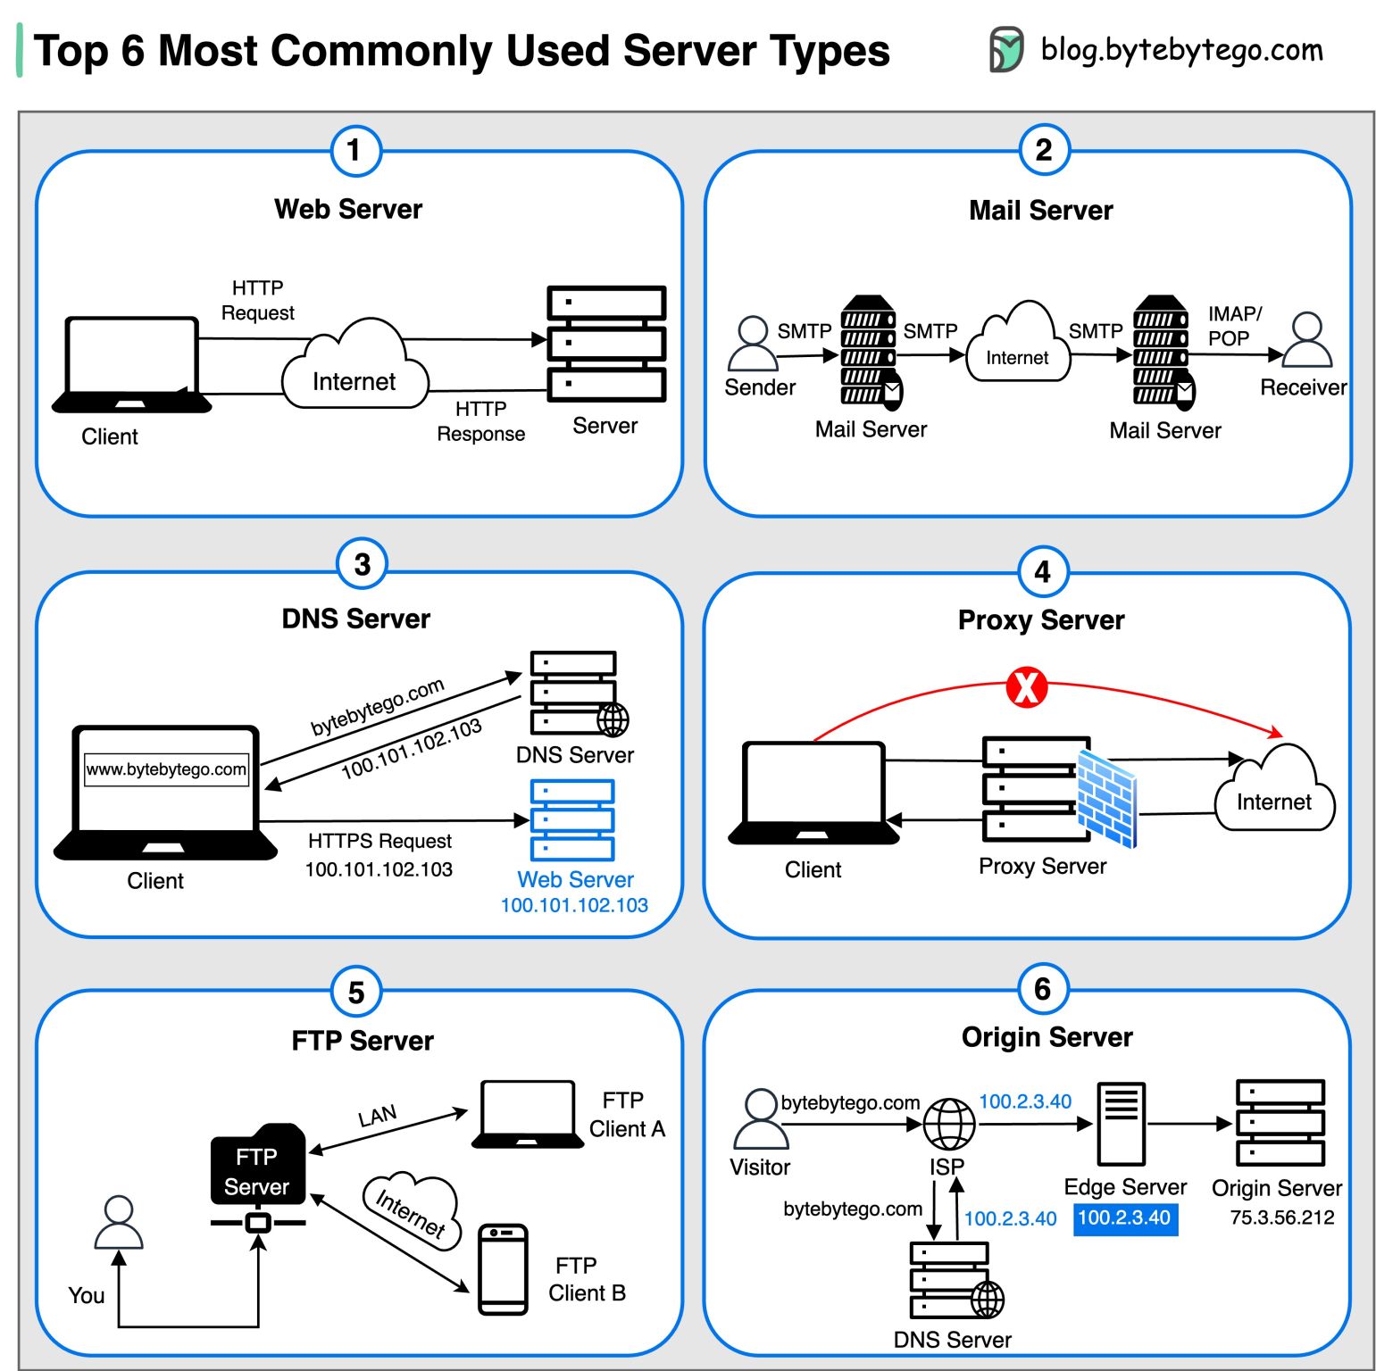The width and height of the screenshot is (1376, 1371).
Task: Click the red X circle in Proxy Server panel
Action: [x=1026, y=687]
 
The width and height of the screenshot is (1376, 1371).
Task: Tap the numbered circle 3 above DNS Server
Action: [x=362, y=564]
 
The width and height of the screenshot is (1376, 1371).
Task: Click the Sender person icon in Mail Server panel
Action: [x=753, y=343]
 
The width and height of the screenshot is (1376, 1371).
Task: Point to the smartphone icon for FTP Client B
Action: [x=503, y=1269]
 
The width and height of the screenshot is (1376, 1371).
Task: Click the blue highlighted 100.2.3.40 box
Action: [x=1124, y=1218]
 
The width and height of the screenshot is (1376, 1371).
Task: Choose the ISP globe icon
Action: [x=948, y=1124]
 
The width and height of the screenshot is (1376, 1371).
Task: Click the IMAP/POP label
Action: [x=1234, y=326]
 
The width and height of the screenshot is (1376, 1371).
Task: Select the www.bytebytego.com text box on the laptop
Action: [x=166, y=769]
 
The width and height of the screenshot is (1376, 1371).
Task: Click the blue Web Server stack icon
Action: [x=572, y=819]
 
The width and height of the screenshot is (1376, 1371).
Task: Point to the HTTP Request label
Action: [x=257, y=300]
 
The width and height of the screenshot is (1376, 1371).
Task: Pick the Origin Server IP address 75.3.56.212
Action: [x=1281, y=1217]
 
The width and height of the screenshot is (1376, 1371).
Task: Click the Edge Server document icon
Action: [x=1121, y=1124]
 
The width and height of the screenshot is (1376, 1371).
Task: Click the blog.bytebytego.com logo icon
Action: [x=1005, y=50]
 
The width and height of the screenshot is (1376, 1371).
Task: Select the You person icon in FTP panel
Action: [x=119, y=1223]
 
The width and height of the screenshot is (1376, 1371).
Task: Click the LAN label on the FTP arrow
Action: [x=377, y=1116]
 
